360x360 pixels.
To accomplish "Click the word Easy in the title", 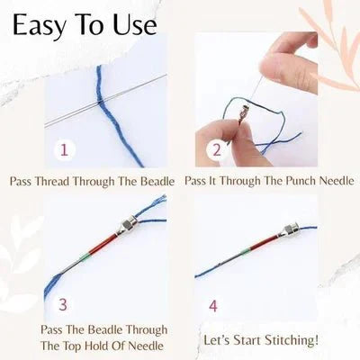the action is [x=39, y=25].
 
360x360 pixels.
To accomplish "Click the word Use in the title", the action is [x=135, y=24].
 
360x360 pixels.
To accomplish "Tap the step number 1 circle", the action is [x=64, y=149].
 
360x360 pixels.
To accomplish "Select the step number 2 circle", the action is [x=216, y=150].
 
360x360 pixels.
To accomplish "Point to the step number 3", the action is [x=63, y=304].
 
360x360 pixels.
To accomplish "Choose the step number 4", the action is [x=212, y=306].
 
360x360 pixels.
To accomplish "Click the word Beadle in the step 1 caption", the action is [x=157, y=181].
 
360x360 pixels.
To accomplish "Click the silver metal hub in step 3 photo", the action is [x=129, y=225].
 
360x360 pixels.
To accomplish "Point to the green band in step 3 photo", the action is [x=85, y=256].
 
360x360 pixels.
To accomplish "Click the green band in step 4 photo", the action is [x=246, y=251].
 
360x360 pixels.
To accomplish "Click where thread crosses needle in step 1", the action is [x=101, y=102].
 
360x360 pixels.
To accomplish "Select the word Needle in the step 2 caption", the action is [x=337, y=181].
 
